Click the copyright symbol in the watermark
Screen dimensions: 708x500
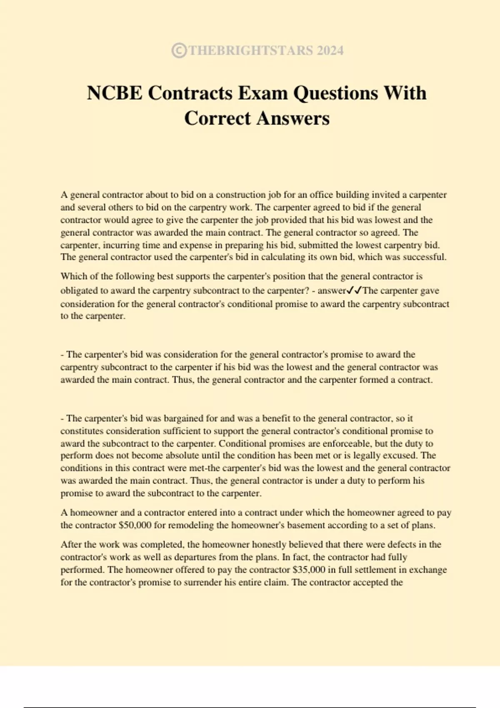[x=179, y=50]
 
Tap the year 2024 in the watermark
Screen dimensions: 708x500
[x=330, y=50]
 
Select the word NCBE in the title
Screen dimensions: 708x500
[x=114, y=92]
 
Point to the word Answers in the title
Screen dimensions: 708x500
[x=292, y=118]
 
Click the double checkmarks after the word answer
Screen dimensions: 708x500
[x=354, y=290]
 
